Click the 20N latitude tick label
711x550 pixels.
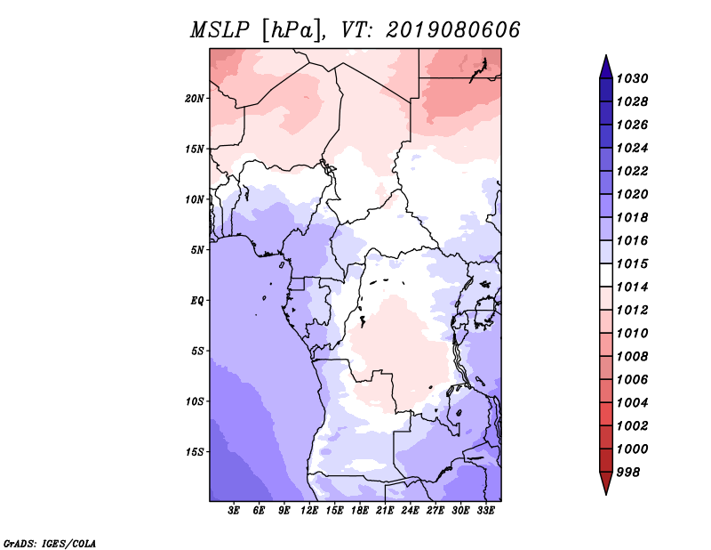pos(195,99)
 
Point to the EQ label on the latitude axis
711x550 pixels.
pos(197,301)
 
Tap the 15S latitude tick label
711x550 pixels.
pos(195,452)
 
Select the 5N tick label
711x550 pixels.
pos(197,250)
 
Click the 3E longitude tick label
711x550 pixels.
pos(234,511)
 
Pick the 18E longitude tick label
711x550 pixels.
pos(360,511)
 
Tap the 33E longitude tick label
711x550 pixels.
pos(485,511)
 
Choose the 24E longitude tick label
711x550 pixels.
pos(410,511)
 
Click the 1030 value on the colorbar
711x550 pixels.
pos(632,78)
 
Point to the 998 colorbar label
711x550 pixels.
pos(628,473)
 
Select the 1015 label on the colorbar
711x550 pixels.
pos(632,263)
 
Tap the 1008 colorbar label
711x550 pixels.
pos(632,357)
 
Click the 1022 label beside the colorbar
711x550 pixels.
pos(632,171)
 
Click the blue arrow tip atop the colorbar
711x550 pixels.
pos(606,55)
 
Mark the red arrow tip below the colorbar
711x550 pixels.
pos(606,494)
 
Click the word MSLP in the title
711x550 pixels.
pos(220,30)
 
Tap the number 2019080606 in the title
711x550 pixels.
pos(452,30)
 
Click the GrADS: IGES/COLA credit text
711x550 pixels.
pos(50,544)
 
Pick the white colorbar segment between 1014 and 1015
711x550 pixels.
pos(606,275)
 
